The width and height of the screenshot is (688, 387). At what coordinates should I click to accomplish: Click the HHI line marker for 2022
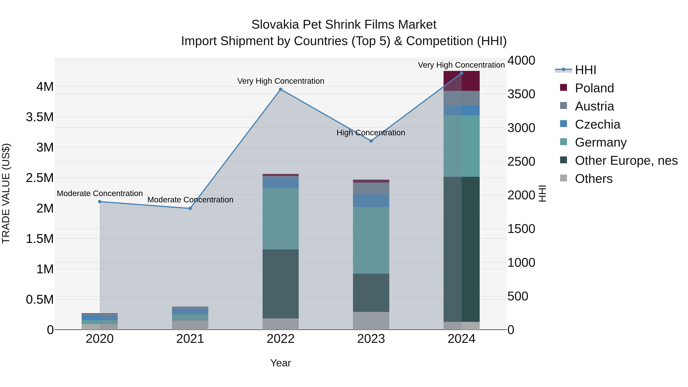click(x=280, y=89)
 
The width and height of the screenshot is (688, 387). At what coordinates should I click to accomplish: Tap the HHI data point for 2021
click(x=190, y=208)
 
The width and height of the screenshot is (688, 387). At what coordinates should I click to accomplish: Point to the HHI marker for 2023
click(x=371, y=141)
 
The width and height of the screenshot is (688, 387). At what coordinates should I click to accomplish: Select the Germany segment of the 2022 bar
click(x=280, y=219)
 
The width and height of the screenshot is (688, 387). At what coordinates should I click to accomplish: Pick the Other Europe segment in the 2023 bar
click(x=371, y=293)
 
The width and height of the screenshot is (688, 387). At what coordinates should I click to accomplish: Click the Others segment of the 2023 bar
click(x=371, y=320)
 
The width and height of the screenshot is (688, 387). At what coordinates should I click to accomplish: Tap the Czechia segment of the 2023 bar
click(x=371, y=201)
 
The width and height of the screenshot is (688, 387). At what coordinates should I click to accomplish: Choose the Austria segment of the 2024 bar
click(x=462, y=98)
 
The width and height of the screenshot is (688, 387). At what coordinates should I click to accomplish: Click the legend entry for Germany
click(x=600, y=142)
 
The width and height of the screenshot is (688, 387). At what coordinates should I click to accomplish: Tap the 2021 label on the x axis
click(x=190, y=339)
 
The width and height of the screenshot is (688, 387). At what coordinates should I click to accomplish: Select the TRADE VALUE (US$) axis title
click(x=6, y=193)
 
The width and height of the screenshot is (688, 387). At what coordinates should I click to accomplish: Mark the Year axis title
click(x=280, y=363)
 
